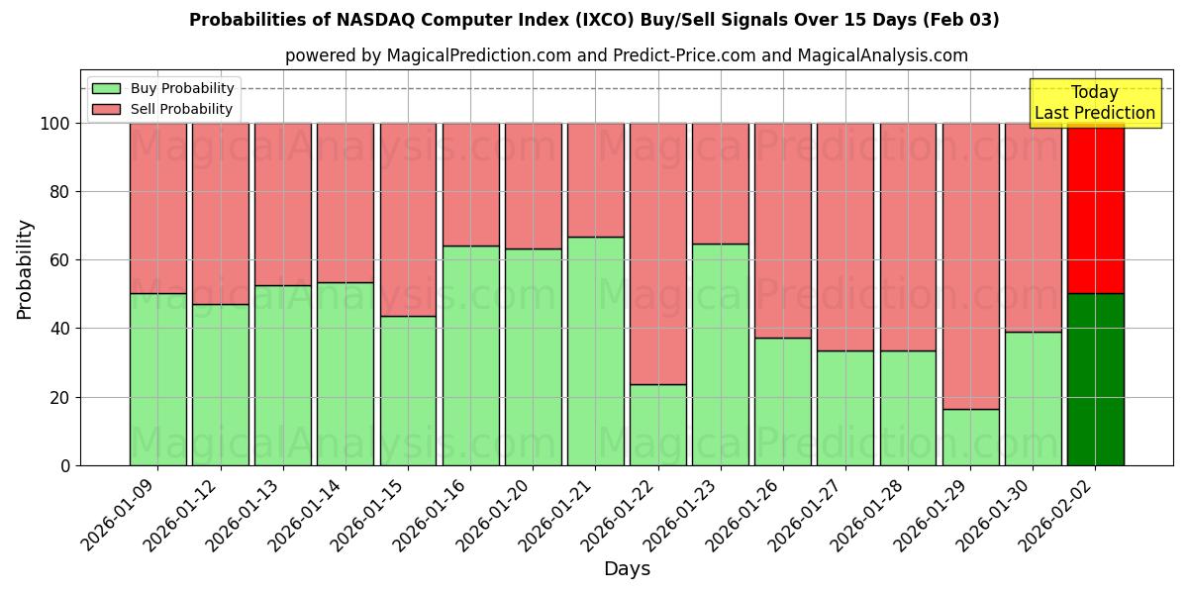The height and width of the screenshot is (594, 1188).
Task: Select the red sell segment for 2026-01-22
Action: coord(657,253)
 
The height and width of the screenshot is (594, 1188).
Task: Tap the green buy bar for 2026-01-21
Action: coord(595,351)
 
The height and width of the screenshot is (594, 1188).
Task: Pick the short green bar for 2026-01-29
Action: coord(970,437)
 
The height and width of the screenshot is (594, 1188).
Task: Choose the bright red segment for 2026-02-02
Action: coord(1095,208)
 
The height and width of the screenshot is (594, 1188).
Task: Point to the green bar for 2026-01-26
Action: coord(782,401)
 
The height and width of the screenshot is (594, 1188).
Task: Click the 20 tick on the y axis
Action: coord(60,397)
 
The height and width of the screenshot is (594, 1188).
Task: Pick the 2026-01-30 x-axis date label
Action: coord(992,522)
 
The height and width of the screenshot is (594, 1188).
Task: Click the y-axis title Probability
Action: coord(25,269)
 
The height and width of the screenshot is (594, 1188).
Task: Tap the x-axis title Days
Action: coord(627,569)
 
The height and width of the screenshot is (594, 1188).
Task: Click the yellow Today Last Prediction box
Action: coord(1094,103)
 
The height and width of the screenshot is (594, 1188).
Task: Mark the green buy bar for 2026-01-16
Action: coord(470,355)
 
